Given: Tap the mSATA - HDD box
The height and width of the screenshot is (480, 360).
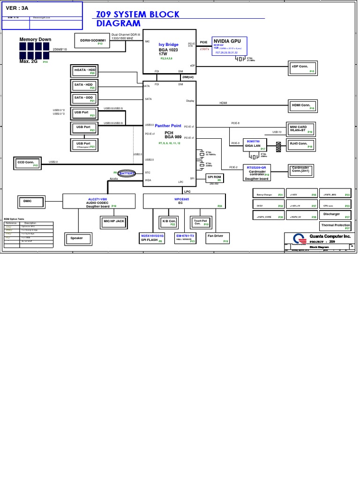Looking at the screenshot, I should pyautogui.click(x=84, y=71).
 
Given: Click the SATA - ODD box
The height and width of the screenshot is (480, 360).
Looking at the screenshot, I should pyautogui.click(x=84, y=99).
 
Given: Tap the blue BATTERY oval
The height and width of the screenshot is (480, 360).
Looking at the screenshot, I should pyautogui.click(x=127, y=173).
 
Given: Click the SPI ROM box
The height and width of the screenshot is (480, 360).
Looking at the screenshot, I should pyautogui.click(x=215, y=178).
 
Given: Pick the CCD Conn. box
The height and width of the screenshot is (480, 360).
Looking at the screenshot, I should pyautogui.click(x=28, y=163).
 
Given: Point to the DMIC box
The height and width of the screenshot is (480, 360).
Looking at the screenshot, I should pyautogui.click(x=30, y=202).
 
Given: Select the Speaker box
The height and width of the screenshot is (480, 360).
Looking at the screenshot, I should pyautogui.click(x=77, y=239).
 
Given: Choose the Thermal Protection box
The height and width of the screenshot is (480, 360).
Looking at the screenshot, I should pyautogui.click(x=336, y=226).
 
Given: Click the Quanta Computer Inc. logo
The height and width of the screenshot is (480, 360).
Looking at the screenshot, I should pyautogui.click(x=296, y=239).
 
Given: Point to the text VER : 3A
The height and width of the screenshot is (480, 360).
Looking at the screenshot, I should pyautogui.click(x=17, y=8).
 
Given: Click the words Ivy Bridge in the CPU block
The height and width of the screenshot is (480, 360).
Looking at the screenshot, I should pyautogui.click(x=168, y=45).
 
